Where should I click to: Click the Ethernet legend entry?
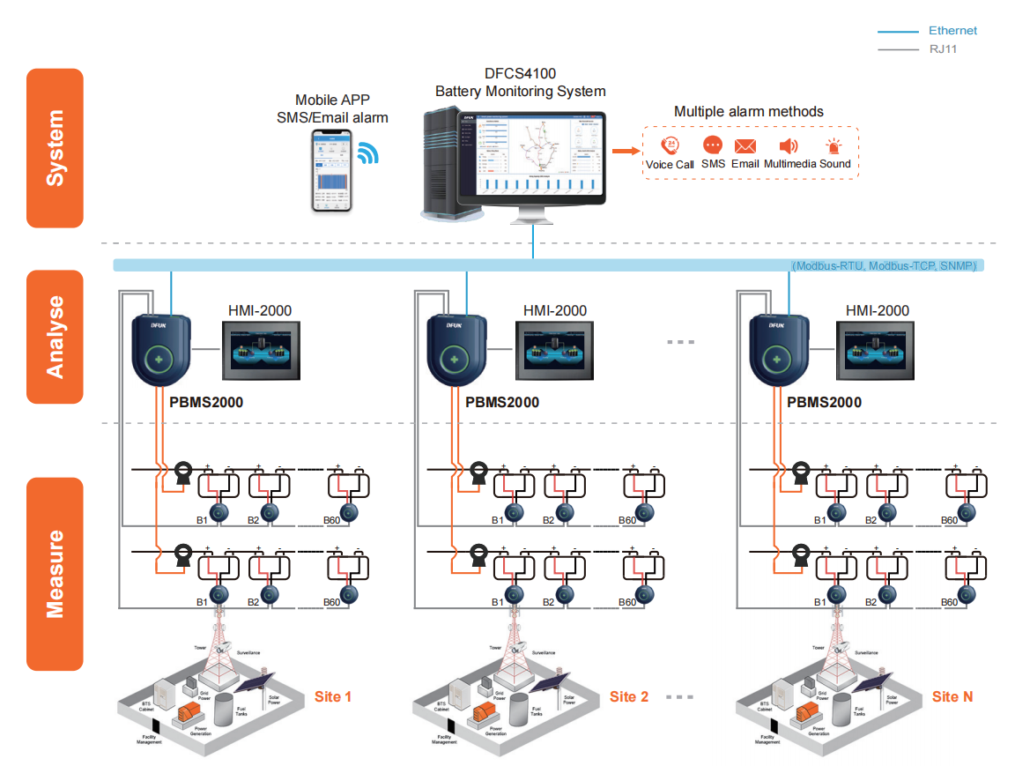952,31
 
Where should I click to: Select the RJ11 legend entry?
943,49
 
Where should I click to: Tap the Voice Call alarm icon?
670,146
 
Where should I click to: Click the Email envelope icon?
745,146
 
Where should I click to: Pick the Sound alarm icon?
833,146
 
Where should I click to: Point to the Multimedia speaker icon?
789,146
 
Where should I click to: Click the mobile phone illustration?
331,170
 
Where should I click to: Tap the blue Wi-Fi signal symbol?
367,154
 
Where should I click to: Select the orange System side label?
55,148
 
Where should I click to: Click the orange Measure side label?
55,574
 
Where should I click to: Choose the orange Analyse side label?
55,337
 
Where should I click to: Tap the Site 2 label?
629,696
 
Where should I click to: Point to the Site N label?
952,696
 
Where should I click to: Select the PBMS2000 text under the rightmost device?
824,402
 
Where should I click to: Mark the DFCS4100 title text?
520,73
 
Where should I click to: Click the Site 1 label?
333,696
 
